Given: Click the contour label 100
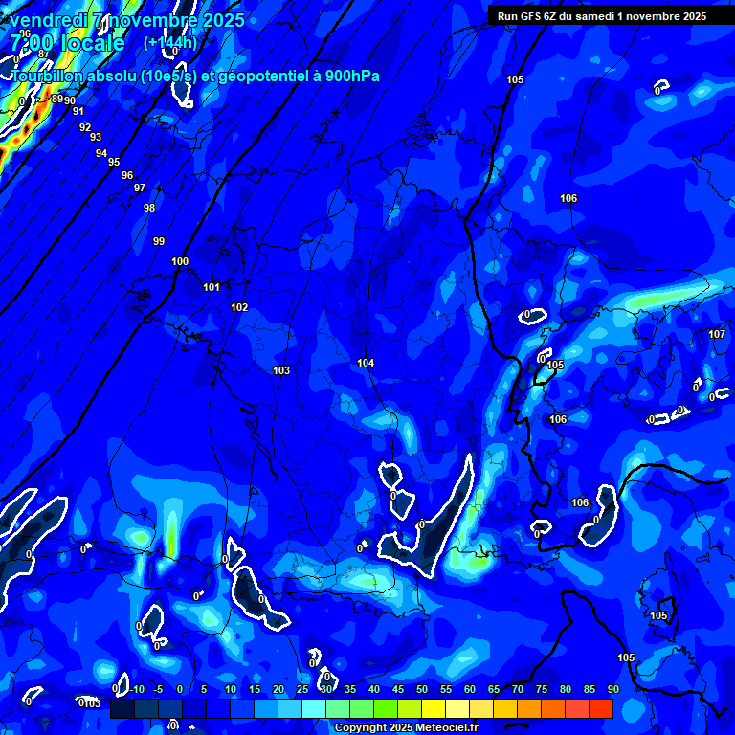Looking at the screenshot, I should tap(180, 261).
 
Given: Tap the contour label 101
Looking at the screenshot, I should tap(212, 287).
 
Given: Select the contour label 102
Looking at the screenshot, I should tap(239, 307).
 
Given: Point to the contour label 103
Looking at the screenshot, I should tap(281, 370).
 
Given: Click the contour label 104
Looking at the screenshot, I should tap(366, 363).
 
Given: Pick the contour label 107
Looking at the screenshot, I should tap(717, 334).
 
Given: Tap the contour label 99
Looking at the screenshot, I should tap(159, 241).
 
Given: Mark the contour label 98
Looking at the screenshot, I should tap(149, 208).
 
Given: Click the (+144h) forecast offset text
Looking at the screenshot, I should tap(170, 43).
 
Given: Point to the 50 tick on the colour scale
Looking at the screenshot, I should tap(422, 690).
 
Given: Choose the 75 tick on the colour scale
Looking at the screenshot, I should tap(542, 690).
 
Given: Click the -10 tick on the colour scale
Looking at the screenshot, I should tap(136, 690).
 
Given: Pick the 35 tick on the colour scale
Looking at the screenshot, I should tap(350, 690).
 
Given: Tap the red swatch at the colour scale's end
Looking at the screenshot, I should tap(600, 708).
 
